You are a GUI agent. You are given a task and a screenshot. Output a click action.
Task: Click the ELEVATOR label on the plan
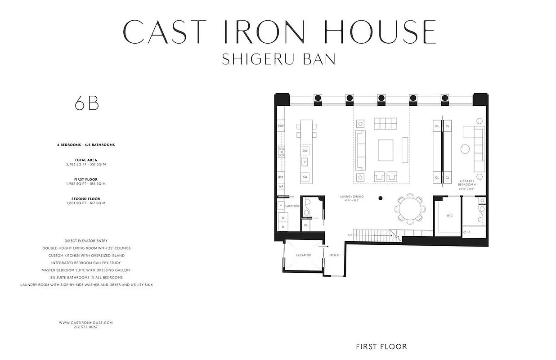pos(303,255)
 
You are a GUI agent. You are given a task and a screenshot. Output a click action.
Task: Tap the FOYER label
pos(334,255)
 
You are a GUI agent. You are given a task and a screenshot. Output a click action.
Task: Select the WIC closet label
pos(449,216)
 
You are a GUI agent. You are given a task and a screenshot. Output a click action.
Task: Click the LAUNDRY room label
pos(292,206)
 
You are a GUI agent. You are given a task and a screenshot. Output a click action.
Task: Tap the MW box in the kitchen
pos(281,126)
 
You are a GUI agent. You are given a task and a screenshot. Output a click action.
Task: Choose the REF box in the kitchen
pos(281,177)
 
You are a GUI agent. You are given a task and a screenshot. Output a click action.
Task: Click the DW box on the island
pos(305,150)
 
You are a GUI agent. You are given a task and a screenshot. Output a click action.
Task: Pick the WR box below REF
pos(281,186)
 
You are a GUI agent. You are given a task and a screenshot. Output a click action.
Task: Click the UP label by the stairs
pos(350,235)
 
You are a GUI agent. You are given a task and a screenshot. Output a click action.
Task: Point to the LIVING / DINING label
pos(352,197)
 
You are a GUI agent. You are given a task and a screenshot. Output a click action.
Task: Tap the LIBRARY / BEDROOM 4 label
pos(466,183)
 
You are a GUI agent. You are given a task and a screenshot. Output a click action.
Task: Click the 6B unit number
pos(87,103)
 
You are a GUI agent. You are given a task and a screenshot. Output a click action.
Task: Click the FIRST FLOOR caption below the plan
pos(381,346)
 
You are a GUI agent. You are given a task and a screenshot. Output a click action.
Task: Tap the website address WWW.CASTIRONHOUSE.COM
pos(85,323)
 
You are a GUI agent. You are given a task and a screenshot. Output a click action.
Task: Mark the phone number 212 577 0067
pos(85,327)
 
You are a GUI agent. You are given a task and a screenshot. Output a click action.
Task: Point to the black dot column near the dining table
pos(381,198)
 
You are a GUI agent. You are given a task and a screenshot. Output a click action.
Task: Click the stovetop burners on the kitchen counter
pos(282,152)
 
